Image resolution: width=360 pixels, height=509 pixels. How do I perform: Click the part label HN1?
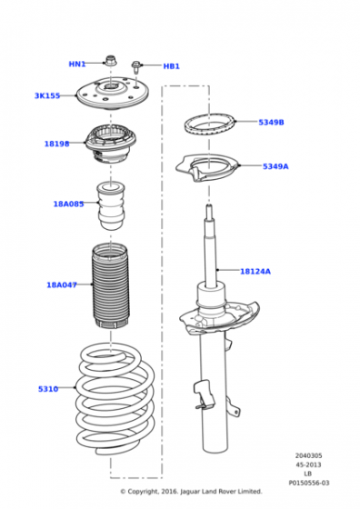pos(77,65)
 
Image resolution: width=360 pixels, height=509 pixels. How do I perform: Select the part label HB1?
pos(171,66)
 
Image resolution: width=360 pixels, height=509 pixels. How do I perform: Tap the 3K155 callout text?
pos(47,95)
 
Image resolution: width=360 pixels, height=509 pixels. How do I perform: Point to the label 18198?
pos(56,144)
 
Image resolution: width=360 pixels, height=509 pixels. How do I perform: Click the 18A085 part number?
pos(68,205)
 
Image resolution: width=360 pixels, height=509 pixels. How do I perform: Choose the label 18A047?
pos(62,284)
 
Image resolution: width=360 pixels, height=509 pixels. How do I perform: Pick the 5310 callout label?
pos(48,389)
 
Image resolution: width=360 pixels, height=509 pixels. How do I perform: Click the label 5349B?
pos(271,122)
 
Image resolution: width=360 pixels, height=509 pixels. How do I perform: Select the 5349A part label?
pos(275,166)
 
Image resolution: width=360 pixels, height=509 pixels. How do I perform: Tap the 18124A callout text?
pos(255,271)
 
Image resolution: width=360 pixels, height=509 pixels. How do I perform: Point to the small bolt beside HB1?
pos(136,65)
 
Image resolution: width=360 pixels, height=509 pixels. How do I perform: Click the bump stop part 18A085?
pos(114,209)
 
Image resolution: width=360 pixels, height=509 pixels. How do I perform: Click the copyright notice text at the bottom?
pos(191,491)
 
